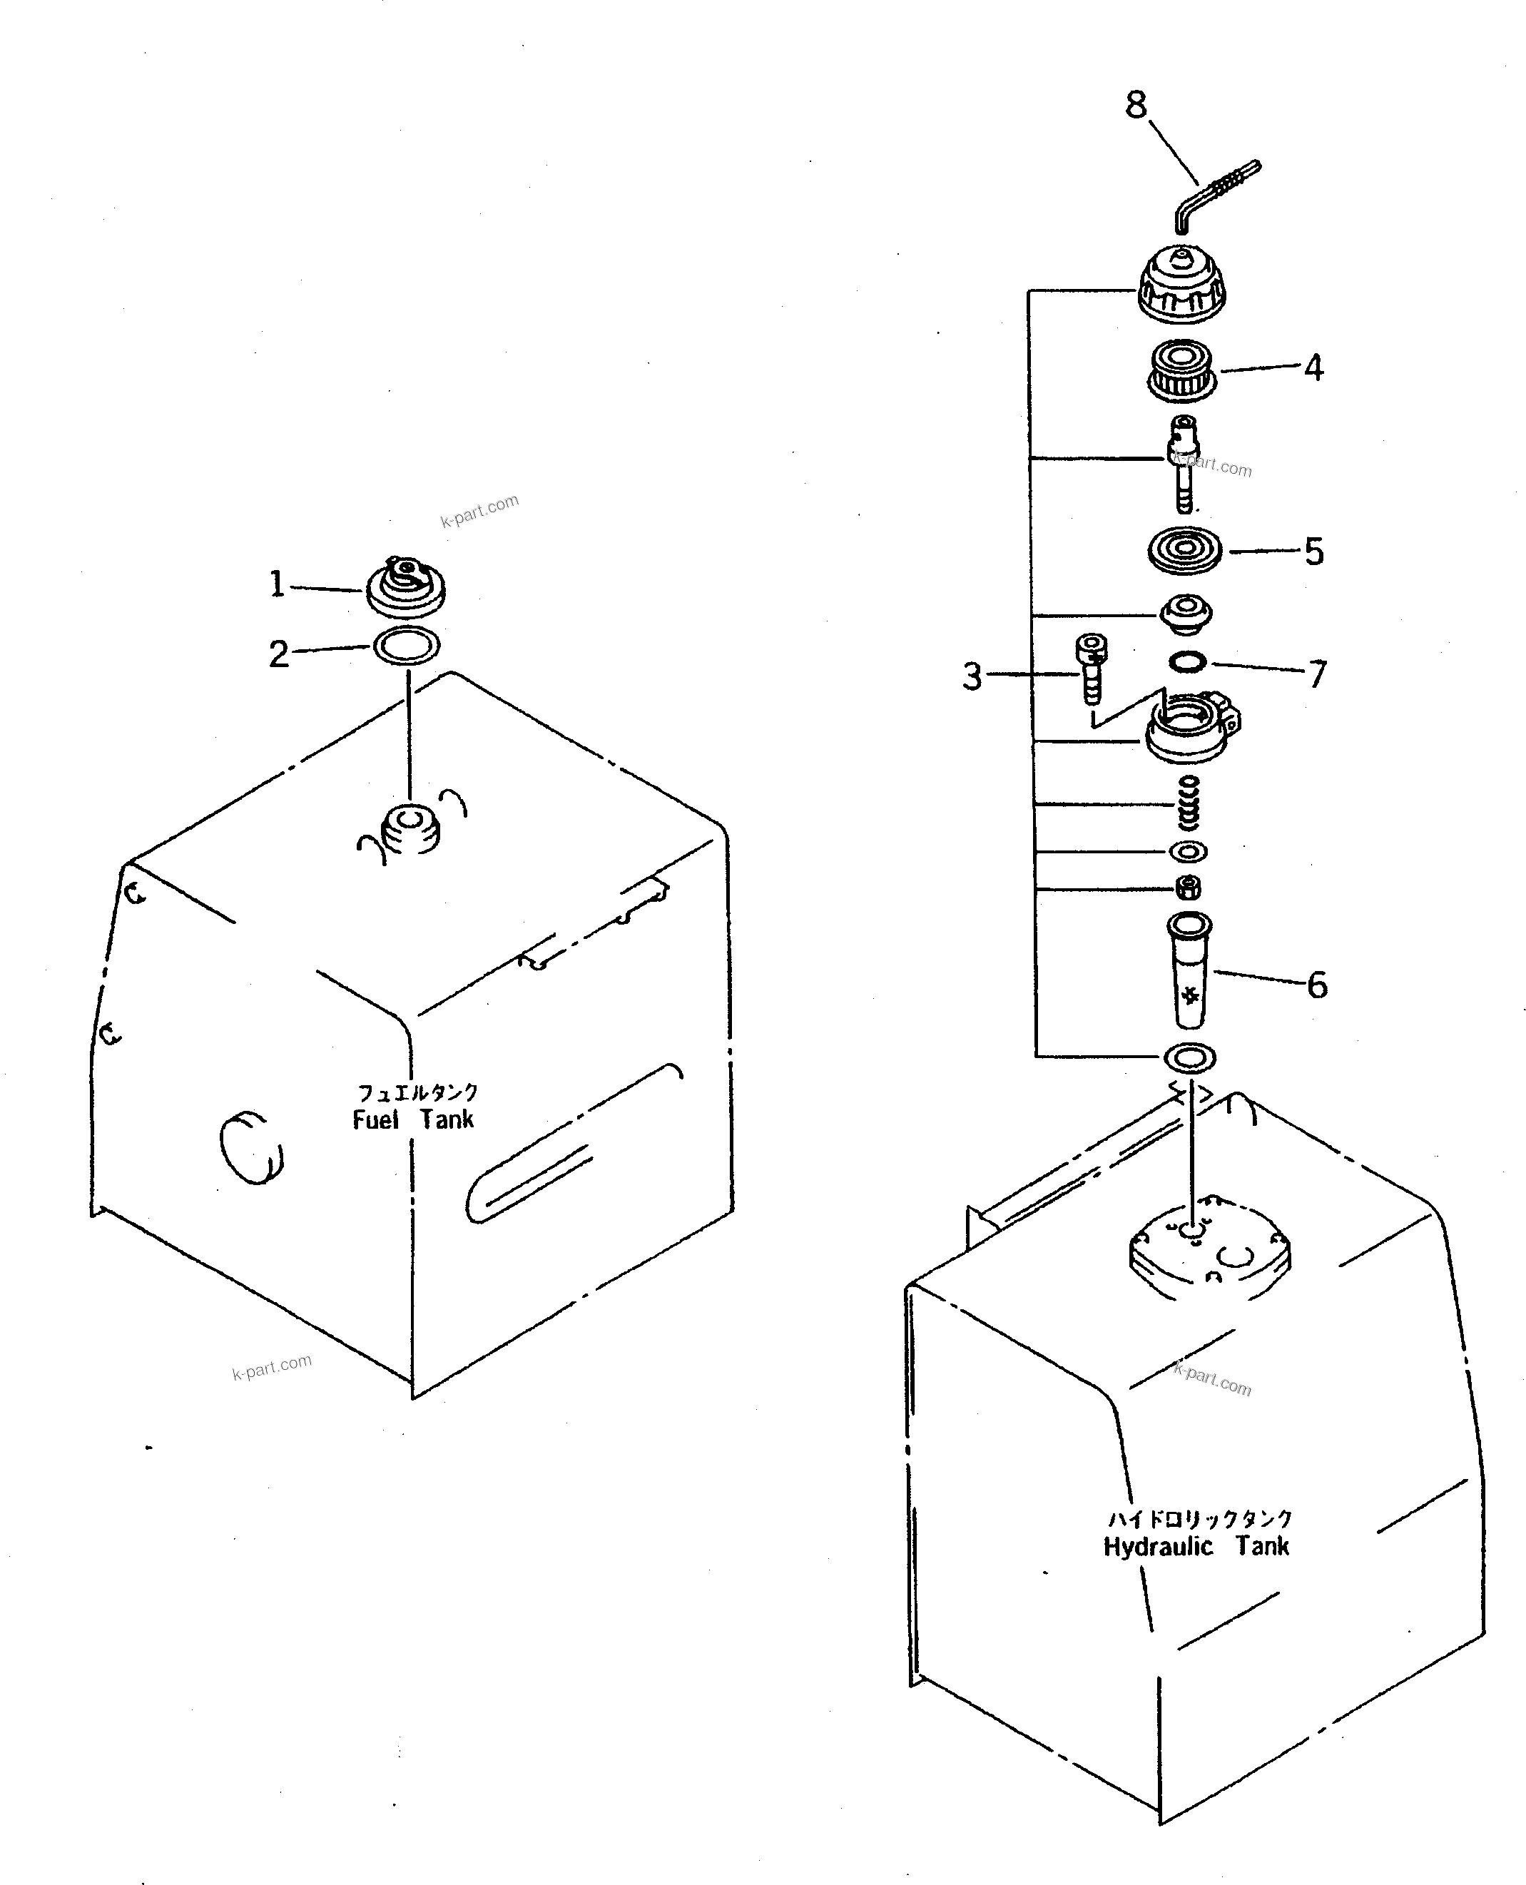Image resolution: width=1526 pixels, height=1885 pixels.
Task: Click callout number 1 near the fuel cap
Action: pyautogui.click(x=277, y=584)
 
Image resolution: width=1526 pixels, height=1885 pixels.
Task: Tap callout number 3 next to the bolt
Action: pyautogui.click(x=972, y=676)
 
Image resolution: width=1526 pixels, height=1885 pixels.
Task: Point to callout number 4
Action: pyautogui.click(x=1313, y=367)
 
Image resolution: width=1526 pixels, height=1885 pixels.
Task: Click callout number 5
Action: pyautogui.click(x=1313, y=552)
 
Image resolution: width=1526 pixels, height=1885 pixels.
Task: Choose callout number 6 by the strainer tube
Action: pyautogui.click(x=1317, y=985)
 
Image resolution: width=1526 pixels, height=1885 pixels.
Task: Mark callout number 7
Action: pyautogui.click(x=1317, y=674)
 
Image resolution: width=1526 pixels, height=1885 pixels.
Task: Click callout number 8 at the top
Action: pyautogui.click(x=1136, y=106)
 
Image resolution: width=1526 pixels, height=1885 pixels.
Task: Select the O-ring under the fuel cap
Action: pyautogui.click(x=407, y=646)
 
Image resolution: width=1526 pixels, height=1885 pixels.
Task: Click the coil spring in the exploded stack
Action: pyautogui.click(x=1189, y=803)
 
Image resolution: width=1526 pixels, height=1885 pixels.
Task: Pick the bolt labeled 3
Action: pyautogui.click(x=1092, y=670)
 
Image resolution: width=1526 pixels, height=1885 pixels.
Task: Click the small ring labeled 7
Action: pyautogui.click(x=1188, y=662)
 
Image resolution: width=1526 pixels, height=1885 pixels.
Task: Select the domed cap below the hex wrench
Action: pyautogui.click(x=1181, y=283)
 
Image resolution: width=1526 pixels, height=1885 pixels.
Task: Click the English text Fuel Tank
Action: pyautogui.click(x=413, y=1119)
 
